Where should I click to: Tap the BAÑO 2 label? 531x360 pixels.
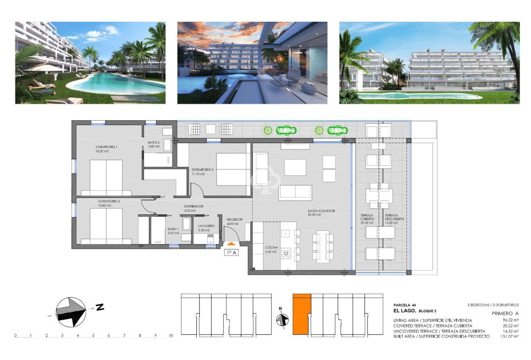pos(153,142)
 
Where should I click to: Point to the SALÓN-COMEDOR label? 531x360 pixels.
pos(321,211)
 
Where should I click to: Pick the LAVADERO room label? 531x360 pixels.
pos(206,226)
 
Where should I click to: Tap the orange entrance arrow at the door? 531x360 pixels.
pos(231,243)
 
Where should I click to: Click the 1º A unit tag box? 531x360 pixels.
pos(231,253)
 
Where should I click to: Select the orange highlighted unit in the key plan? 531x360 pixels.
pos(301,314)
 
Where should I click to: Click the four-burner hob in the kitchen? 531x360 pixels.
pos(286,253)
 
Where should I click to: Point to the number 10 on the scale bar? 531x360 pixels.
pos(171,335)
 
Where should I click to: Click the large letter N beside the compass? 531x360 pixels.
pos(100,308)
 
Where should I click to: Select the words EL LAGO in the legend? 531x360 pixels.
pos(404,311)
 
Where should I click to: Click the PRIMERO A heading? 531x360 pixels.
pos(505,313)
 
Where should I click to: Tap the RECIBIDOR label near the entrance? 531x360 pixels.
pos(235,220)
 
